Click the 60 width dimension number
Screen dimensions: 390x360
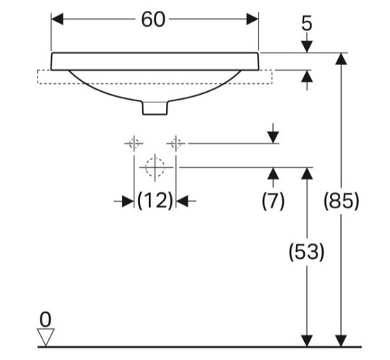pyautogui.click(x=153, y=20)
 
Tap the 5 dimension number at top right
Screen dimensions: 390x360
pyautogui.click(x=307, y=24)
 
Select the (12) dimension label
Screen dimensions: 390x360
pyautogui.click(x=155, y=201)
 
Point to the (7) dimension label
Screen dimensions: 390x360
pyautogui.click(x=273, y=201)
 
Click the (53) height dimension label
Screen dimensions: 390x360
pyautogui.click(x=306, y=252)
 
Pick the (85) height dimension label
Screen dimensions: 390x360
pyautogui.click(x=341, y=201)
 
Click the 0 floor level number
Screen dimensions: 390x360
pyautogui.click(x=45, y=320)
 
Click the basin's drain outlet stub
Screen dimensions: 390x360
pyautogui.click(x=155, y=108)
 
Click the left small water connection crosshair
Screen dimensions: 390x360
pyautogui.click(x=134, y=143)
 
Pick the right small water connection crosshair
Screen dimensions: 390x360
pyautogui.click(x=175, y=143)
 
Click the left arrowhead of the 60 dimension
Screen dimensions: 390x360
pyautogui.click(x=57, y=20)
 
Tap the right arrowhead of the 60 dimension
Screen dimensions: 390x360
pyautogui.click(x=252, y=20)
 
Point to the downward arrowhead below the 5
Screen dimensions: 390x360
pyautogui.click(x=307, y=47)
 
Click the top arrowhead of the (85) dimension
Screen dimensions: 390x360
pyautogui.click(x=341, y=59)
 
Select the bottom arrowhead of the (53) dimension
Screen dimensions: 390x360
pyautogui.click(x=307, y=340)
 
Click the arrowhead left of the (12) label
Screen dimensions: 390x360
pyautogui.click(x=128, y=201)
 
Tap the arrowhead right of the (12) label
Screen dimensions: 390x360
pyautogui.click(x=182, y=201)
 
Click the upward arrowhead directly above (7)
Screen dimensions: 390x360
pyautogui.click(x=273, y=173)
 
